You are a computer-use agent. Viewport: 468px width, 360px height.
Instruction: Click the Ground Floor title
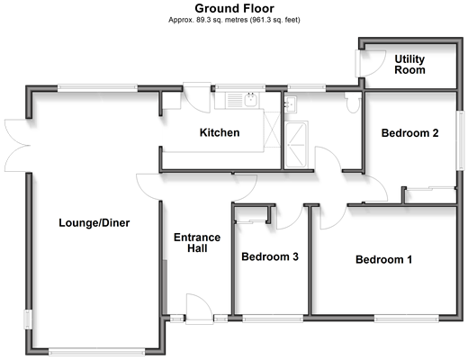(234, 8)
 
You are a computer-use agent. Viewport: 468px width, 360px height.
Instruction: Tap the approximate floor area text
(234, 20)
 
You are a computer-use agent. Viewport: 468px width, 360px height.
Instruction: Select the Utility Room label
(409, 65)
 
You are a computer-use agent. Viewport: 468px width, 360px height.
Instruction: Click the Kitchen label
(220, 132)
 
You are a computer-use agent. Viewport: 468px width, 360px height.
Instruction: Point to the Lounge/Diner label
(94, 223)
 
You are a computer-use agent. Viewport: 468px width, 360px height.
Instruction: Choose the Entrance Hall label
(197, 243)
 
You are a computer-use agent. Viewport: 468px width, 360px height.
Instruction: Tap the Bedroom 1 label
(383, 259)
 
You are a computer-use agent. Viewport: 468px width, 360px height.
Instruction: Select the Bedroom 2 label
(409, 133)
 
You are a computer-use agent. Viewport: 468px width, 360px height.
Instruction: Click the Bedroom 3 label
(270, 256)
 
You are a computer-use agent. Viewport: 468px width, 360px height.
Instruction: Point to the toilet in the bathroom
(353, 103)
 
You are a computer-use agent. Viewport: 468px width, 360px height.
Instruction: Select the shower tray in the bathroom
(296, 145)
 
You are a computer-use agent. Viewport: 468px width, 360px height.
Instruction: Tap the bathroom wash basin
(291, 103)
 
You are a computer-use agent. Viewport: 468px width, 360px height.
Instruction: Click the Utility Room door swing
(370, 64)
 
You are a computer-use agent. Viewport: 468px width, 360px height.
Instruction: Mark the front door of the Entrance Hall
(199, 309)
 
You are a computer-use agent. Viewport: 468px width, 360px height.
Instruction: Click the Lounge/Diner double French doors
(17, 146)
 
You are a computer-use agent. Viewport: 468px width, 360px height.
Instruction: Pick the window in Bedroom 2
(460, 140)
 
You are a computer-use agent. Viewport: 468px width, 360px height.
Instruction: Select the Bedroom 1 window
(407, 319)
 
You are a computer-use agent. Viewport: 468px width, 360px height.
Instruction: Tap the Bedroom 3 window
(273, 319)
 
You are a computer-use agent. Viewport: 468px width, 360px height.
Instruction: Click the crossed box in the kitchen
(272, 129)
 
